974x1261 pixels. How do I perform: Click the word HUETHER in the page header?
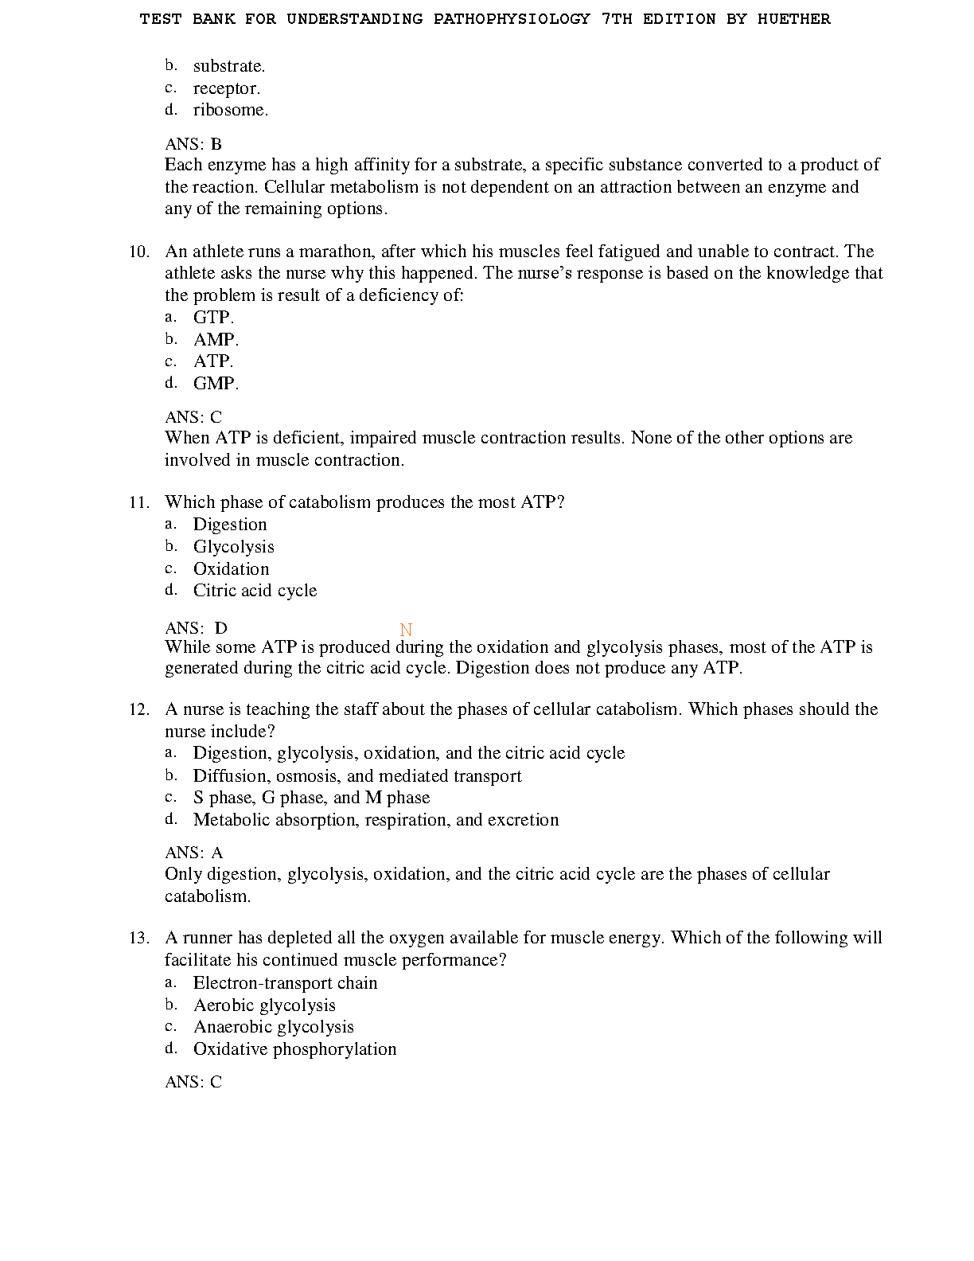tap(793, 19)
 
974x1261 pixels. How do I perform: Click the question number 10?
tap(139, 252)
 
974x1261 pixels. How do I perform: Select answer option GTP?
tap(213, 318)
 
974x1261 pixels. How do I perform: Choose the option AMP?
tap(216, 340)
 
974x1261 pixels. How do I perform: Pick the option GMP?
tap(216, 384)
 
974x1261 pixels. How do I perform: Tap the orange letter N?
tap(406, 630)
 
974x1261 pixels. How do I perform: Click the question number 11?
tap(139, 502)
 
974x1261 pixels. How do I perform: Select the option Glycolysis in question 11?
tap(233, 547)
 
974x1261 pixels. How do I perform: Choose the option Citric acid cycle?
tap(255, 591)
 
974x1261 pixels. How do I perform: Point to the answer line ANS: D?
tap(196, 628)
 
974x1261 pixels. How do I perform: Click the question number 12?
tap(139, 709)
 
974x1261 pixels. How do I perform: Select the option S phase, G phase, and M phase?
tap(311, 798)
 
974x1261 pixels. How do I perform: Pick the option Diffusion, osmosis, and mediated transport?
tap(357, 776)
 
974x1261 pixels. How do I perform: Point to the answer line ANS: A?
tap(193, 853)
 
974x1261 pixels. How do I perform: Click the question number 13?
tap(139, 938)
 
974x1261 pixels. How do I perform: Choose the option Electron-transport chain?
tap(285, 983)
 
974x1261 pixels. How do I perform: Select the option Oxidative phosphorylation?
tap(294, 1049)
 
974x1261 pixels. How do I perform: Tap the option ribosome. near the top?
tap(231, 110)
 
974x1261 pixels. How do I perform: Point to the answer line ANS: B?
tap(193, 144)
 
